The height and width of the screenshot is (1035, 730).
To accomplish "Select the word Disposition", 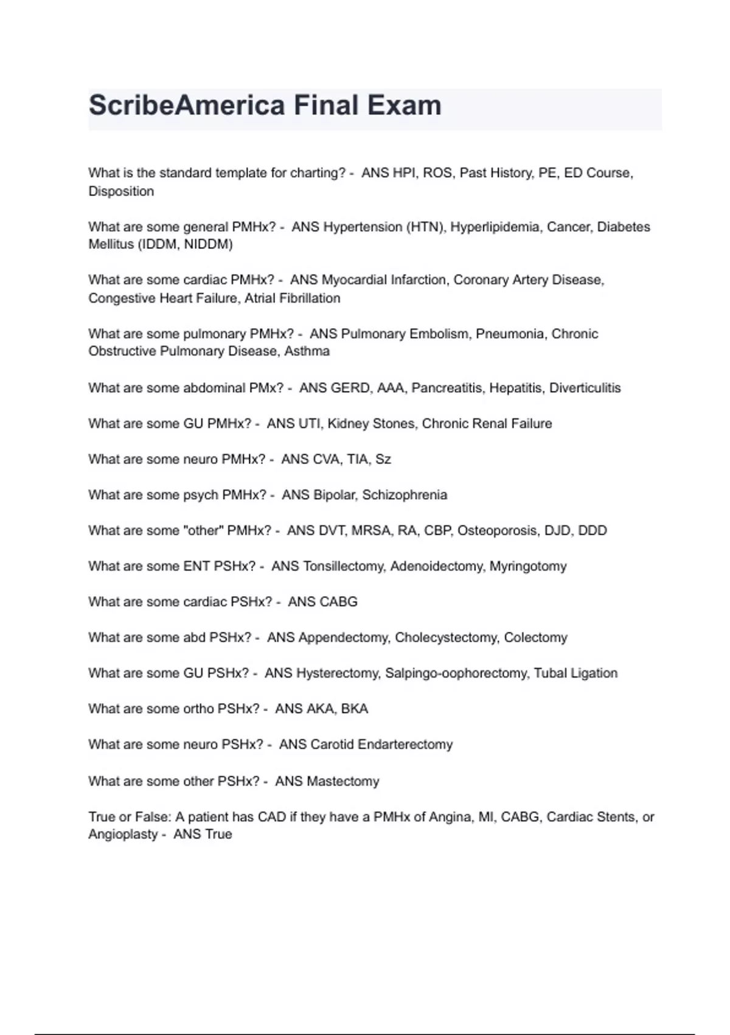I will click(x=121, y=191).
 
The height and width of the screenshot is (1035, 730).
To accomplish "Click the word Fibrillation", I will click(x=310, y=298).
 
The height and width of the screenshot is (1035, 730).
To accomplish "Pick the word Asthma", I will click(x=307, y=351).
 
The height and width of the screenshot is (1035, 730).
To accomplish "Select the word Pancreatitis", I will click(x=447, y=388).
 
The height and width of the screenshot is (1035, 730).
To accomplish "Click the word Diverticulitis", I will click(x=585, y=388).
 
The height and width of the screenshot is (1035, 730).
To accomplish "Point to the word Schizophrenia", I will click(x=405, y=495).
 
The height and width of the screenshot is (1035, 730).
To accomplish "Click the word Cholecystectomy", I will click(x=447, y=637).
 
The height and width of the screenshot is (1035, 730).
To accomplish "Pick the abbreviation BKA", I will click(x=355, y=709).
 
